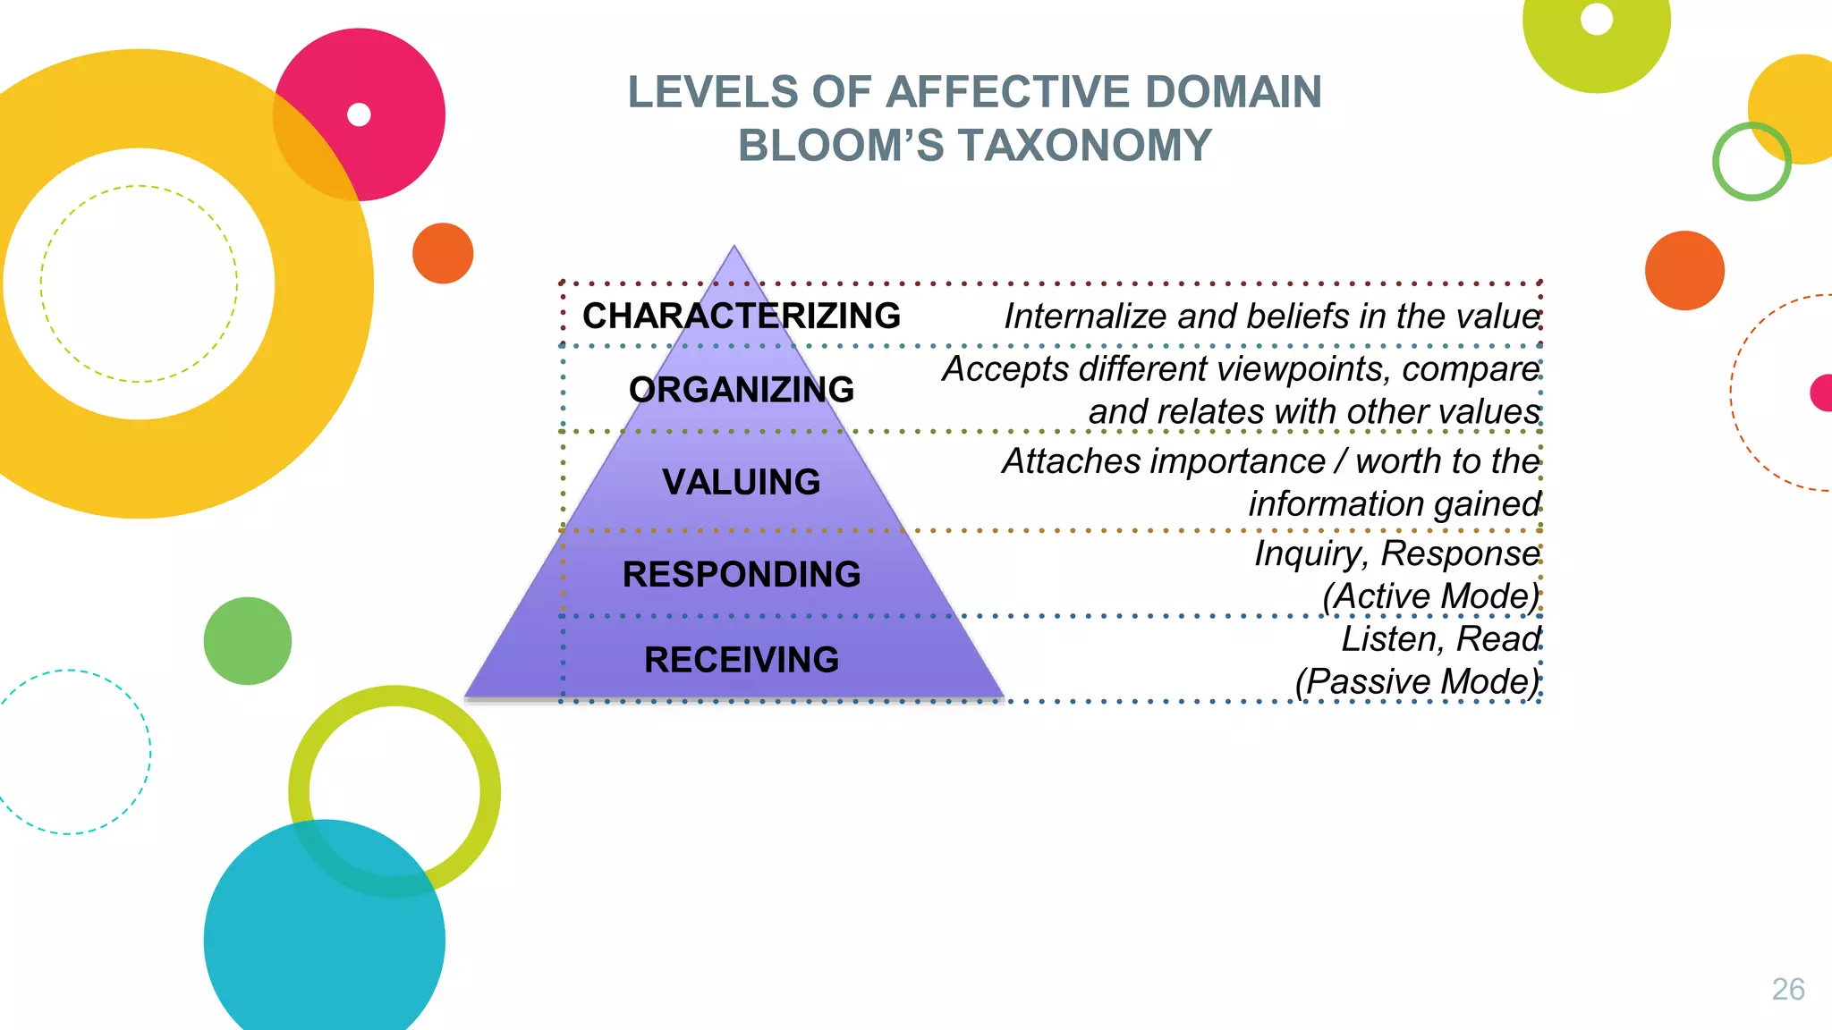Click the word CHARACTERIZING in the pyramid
point(741,316)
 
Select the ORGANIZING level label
point(741,390)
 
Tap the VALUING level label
point(741,482)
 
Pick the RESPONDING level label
point(741,574)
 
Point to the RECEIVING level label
point(741,660)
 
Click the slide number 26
point(1787,989)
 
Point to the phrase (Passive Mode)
point(1417,681)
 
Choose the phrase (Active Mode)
point(1430,596)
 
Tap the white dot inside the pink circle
point(359,114)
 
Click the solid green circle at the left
point(248,641)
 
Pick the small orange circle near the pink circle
point(443,253)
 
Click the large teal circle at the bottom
point(324,939)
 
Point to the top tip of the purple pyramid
point(734,247)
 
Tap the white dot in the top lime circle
point(1597,19)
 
